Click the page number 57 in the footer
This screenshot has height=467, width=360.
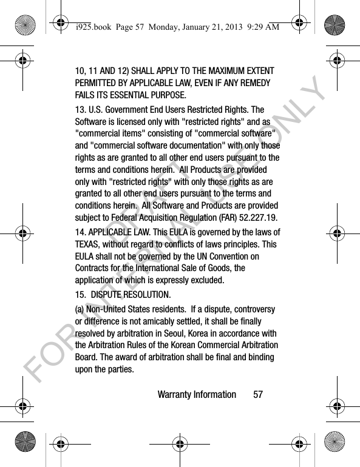(258, 395)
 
